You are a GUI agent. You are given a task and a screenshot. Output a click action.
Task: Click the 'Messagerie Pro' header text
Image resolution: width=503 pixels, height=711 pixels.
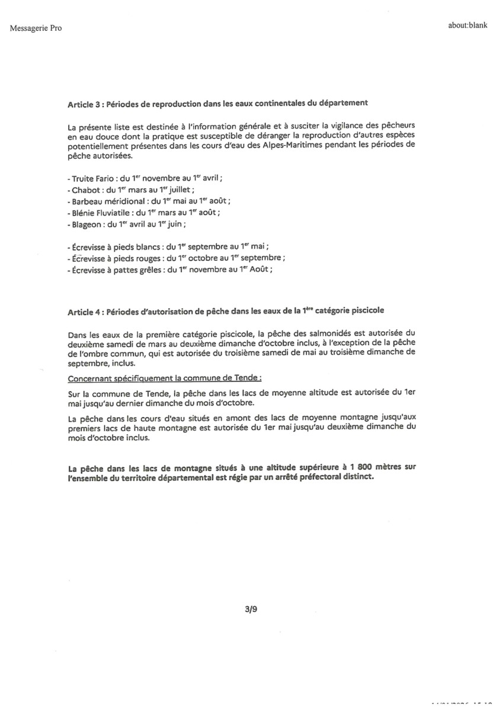(x=36, y=28)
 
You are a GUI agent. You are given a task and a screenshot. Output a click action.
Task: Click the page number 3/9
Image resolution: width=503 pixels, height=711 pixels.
(x=251, y=608)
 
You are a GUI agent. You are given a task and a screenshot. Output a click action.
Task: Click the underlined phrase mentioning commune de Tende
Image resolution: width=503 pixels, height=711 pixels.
(x=165, y=377)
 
